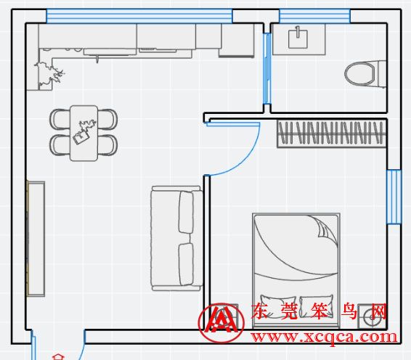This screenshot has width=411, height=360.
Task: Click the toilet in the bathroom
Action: (365, 73)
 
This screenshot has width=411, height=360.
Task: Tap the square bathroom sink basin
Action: (298, 39)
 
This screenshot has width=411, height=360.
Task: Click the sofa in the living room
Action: (176, 238)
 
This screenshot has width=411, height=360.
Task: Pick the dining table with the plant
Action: (84, 133)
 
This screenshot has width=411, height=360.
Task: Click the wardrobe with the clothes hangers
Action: (332, 134)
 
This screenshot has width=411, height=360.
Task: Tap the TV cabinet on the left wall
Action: (36, 239)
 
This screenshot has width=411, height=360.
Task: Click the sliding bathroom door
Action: (266, 68)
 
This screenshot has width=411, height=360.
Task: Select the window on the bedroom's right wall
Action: (394, 197)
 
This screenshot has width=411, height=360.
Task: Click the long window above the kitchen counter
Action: (139, 16)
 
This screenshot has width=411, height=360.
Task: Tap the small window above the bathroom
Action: (314, 16)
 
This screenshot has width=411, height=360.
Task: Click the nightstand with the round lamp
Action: (373, 316)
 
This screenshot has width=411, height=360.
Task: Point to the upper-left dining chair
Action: (60, 119)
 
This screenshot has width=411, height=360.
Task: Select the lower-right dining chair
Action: (107, 145)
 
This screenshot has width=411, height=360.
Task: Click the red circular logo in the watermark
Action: (221, 323)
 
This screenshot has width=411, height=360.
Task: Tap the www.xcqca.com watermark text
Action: (324, 337)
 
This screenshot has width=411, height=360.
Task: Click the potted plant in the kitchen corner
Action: (49, 74)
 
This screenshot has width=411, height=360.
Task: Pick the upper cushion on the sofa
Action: (187, 212)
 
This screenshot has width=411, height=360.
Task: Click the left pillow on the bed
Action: (278, 306)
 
